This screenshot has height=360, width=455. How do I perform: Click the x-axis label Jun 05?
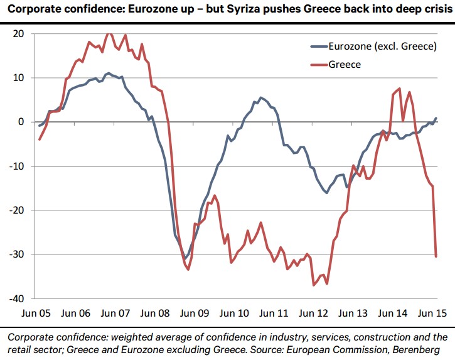(x=38, y=312)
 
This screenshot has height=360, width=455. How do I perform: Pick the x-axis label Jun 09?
(x=196, y=312)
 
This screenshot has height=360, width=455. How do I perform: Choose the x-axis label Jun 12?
(x=315, y=312)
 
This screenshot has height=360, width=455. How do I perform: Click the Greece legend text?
(x=345, y=64)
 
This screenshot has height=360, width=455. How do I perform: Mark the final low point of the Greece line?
(x=436, y=256)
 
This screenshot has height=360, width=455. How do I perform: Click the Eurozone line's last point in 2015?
(x=436, y=118)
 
